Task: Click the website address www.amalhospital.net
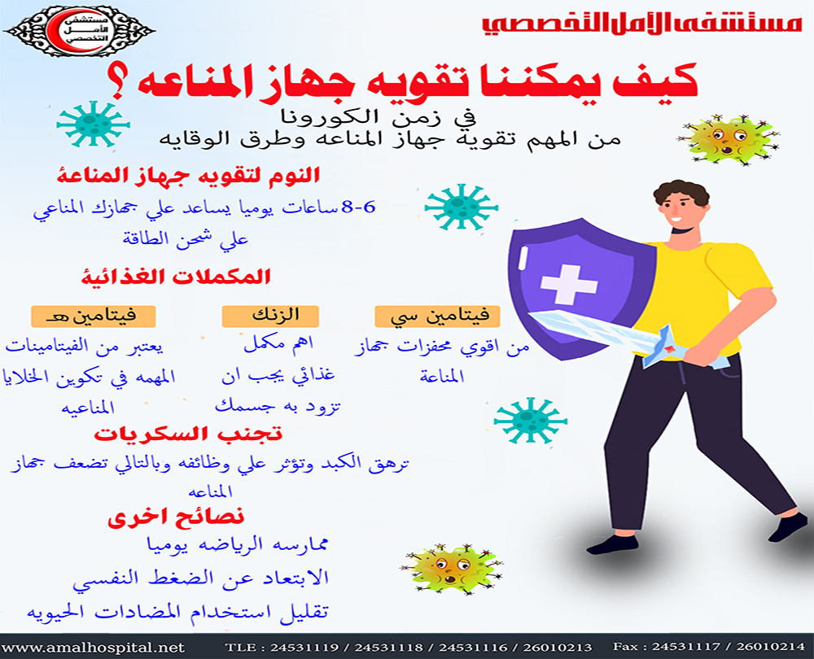(93, 648)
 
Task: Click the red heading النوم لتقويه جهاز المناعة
(190, 173)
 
